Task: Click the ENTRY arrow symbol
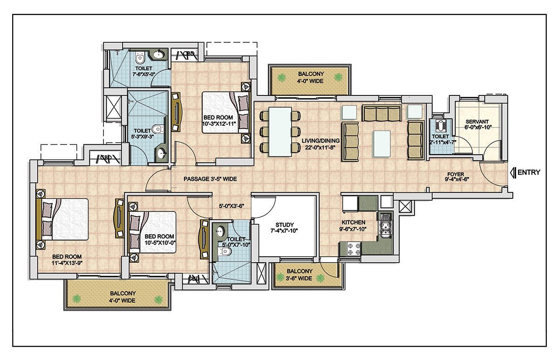513,173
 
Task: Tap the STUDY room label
284,224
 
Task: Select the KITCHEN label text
353,222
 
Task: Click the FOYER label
456,174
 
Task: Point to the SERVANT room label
477,122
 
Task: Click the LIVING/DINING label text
320,141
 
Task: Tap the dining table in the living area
280,131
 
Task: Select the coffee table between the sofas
382,144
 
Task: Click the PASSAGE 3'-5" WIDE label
210,179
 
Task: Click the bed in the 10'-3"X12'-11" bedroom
226,113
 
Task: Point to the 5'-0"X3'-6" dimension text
232,206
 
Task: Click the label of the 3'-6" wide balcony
299,275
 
